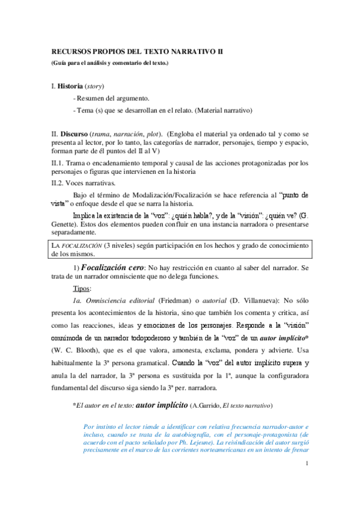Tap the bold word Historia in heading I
[x=70, y=87]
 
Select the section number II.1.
[x=58, y=163]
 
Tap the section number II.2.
[x=58, y=183]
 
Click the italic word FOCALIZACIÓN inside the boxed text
[x=81, y=245]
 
